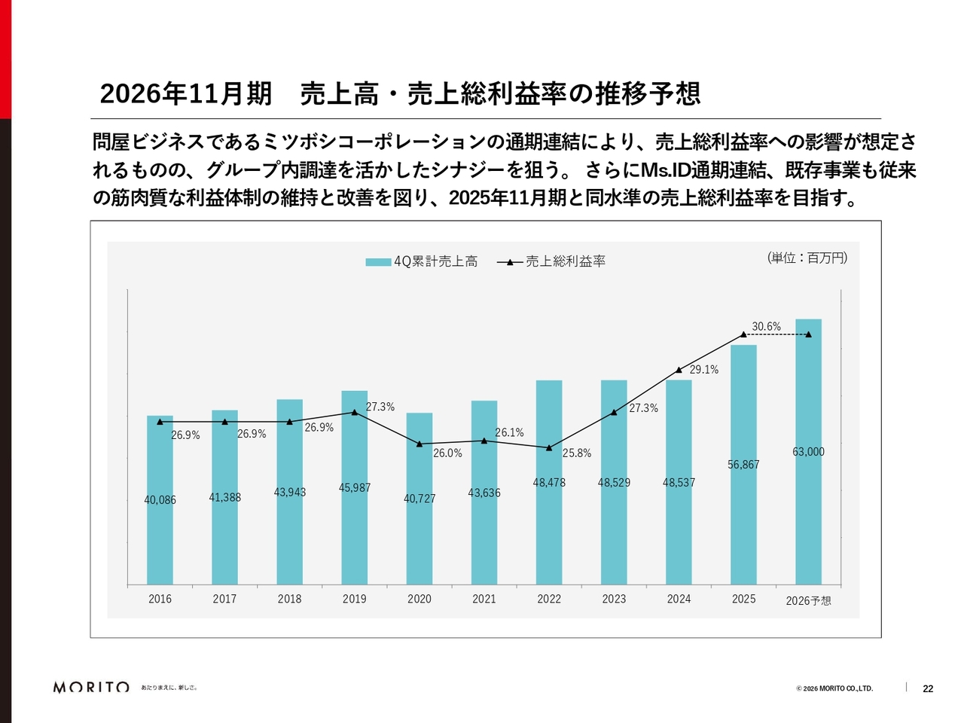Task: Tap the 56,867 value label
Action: coord(743,465)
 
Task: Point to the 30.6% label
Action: coord(766,326)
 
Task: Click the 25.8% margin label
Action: coord(577,453)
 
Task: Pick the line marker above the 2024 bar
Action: coord(679,370)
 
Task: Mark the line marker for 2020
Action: coord(419,444)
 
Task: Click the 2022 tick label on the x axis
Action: coord(549,599)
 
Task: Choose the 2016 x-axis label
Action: coord(160,599)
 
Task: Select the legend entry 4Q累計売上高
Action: coord(422,261)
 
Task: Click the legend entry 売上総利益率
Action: coord(551,261)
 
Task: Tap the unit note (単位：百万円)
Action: coord(807,258)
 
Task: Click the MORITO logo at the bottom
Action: coord(91,687)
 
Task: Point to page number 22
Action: coord(928,688)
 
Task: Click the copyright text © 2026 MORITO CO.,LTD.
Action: coord(834,688)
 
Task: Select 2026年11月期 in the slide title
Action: coord(186,93)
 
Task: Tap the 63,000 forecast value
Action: coord(808,452)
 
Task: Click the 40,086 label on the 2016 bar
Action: coord(160,500)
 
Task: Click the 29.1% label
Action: coord(704,370)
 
